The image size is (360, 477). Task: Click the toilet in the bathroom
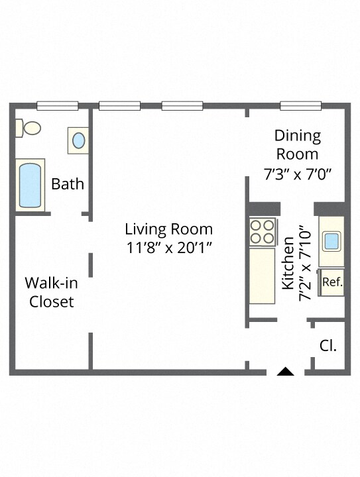coord(28,128)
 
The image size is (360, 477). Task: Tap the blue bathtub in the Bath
coord(30,185)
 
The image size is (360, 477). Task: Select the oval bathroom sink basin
coord(79,140)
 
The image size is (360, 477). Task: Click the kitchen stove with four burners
coord(263,232)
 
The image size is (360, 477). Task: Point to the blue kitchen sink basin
coord(331,241)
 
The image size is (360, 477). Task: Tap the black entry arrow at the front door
coord(285,372)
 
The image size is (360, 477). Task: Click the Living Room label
coord(169,229)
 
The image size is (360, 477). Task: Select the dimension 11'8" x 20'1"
coord(169,248)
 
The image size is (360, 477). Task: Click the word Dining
coord(298,136)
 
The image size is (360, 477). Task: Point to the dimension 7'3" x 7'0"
coord(298,174)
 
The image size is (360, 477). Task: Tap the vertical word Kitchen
coord(288,264)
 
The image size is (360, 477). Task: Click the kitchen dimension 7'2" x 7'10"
coord(306,264)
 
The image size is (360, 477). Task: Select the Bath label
coord(67,184)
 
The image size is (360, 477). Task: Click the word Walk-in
coord(51,283)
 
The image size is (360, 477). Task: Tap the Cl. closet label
coord(328,346)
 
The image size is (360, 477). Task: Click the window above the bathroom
coord(58,105)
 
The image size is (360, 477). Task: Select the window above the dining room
coord(300,105)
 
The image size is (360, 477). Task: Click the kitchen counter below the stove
coord(262,276)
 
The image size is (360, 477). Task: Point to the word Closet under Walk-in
coord(52,302)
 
